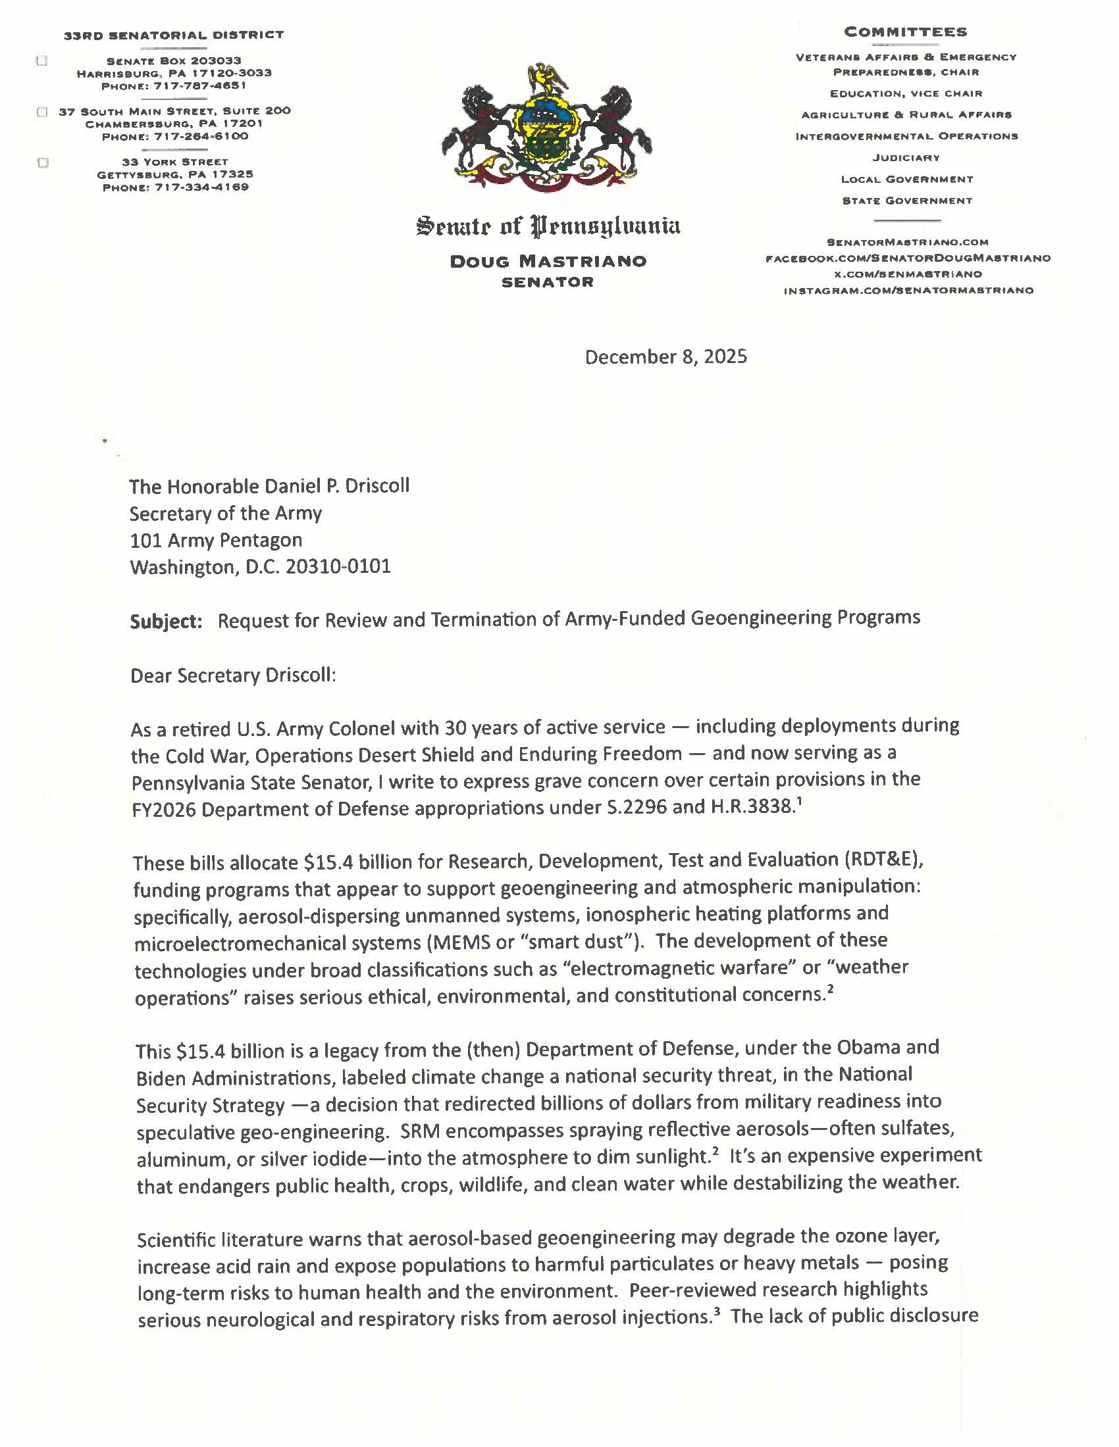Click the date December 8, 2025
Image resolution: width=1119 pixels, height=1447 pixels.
pos(665,357)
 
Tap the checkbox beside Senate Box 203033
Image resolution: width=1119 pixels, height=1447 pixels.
pos(41,61)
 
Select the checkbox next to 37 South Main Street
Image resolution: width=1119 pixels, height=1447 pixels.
pos(42,112)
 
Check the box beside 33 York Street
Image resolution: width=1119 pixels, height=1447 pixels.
pos(43,163)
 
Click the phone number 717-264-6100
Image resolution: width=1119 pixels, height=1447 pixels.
pos(201,137)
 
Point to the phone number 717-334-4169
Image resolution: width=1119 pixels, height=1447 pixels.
pos(201,187)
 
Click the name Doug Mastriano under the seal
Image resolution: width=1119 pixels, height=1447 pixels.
pos(548,261)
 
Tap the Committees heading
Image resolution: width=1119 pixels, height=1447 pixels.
pos(906,32)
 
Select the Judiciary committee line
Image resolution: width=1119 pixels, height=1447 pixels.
pos(906,158)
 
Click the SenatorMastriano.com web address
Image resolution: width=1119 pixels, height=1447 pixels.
pos(907,243)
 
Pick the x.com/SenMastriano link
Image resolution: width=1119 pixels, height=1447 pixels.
pos(908,274)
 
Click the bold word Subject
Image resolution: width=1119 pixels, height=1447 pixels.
pos(166,621)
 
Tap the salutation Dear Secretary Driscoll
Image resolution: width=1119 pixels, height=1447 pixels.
pos(234,675)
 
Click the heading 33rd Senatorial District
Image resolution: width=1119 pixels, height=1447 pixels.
pos(174,34)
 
